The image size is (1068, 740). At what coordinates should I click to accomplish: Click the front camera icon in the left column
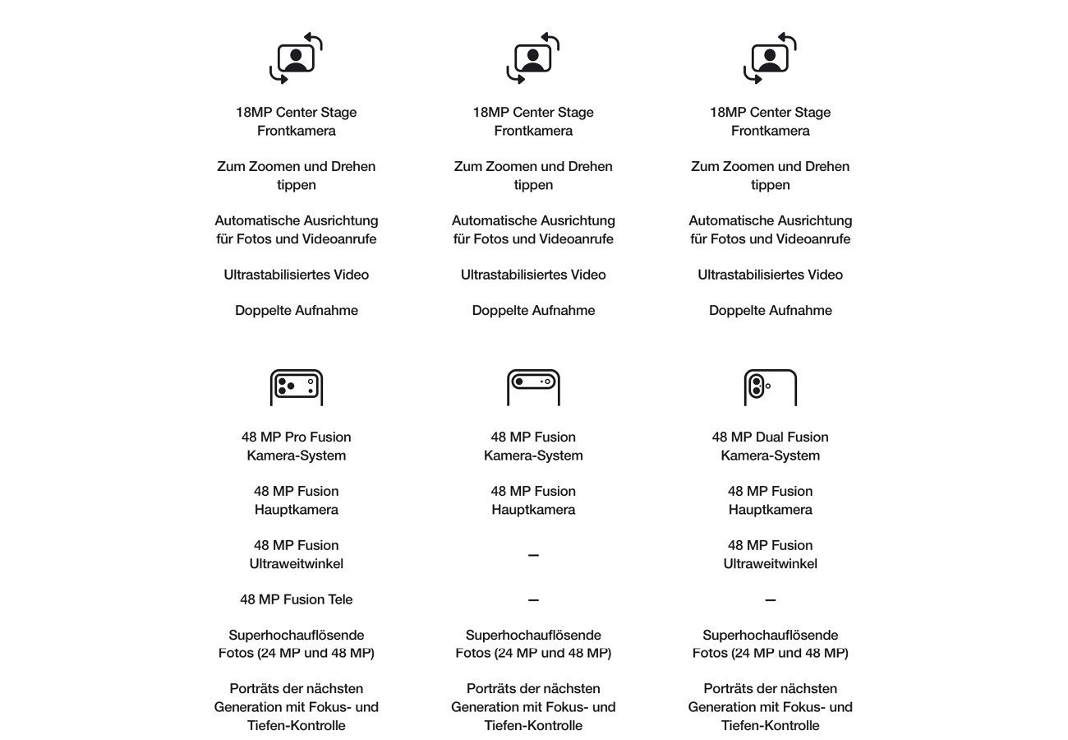point(296,58)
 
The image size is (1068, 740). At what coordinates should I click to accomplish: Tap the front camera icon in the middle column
point(533,58)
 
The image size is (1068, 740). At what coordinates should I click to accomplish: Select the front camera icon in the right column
point(770,58)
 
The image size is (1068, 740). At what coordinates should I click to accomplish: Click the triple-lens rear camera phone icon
point(296,387)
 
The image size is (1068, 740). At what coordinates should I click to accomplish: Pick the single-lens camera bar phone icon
point(533,387)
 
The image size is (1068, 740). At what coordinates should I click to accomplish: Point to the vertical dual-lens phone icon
point(770,387)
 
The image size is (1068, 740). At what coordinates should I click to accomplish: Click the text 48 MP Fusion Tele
point(296,599)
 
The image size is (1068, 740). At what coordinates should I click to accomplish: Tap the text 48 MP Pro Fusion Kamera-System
point(296,446)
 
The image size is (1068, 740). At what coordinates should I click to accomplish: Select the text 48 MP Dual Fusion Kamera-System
point(770,446)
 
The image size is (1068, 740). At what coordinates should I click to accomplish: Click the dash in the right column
point(770,600)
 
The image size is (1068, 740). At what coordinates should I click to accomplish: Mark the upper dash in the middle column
point(533,556)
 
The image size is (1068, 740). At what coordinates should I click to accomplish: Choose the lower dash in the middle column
point(533,600)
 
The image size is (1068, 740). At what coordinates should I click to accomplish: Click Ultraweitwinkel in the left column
point(296,564)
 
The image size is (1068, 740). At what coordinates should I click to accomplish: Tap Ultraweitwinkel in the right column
point(770,564)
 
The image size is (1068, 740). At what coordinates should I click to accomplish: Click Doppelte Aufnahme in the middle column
point(533,310)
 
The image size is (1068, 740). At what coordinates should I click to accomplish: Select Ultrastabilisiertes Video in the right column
point(770,275)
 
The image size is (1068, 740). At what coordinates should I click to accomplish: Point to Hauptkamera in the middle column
point(533,510)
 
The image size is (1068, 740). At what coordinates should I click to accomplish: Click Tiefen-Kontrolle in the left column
point(296,725)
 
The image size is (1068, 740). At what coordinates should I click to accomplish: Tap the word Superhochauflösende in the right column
point(770,635)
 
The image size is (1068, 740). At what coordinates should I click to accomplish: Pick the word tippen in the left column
point(296,185)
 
